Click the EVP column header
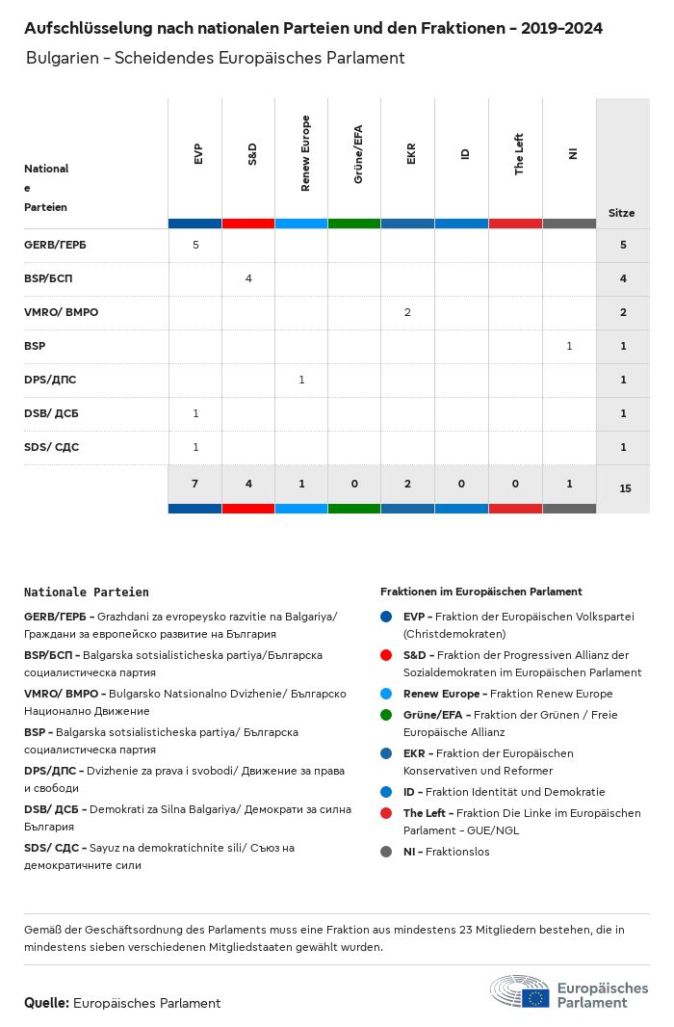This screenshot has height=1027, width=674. tap(197, 153)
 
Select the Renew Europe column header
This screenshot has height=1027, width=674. tap(305, 153)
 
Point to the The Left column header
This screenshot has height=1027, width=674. tap(519, 154)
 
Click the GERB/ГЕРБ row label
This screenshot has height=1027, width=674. tap(55, 245)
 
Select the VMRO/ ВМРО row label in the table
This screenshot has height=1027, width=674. tap(61, 312)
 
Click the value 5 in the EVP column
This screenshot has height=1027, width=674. tap(195, 245)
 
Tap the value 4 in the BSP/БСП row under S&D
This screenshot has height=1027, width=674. tap(248, 278)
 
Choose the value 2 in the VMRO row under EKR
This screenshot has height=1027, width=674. tap(408, 312)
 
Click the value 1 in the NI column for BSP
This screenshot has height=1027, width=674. tap(569, 346)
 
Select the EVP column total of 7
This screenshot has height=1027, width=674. tap(195, 483)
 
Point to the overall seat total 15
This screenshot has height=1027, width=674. tap(625, 488)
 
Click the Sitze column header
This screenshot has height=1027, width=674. tap(622, 213)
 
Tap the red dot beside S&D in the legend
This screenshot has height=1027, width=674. tap(386, 655)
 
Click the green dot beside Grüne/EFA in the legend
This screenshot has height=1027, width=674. tap(386, 715)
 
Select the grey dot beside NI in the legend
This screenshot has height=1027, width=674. tap(386, 852)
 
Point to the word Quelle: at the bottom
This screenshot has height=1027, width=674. tap(46, 1003)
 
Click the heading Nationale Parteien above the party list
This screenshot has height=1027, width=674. tap(87, 592)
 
